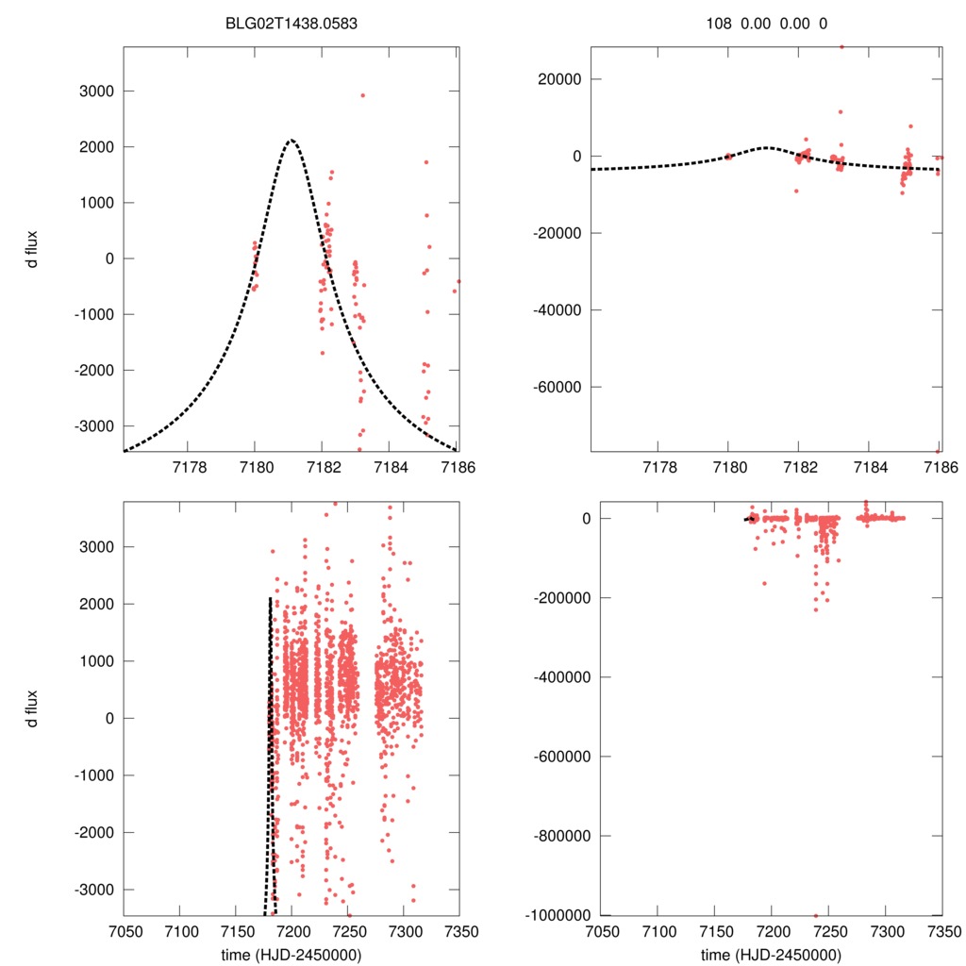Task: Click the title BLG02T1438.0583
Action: coord(291,24)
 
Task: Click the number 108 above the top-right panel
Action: coord(719,24)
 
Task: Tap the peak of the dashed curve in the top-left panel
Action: coord(291,141)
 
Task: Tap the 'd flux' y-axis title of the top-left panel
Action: coord(33,249)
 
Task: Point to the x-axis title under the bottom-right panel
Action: coord(771,954)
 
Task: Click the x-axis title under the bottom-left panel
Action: coord(291,954)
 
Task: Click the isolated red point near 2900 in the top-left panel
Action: coord(362,95)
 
